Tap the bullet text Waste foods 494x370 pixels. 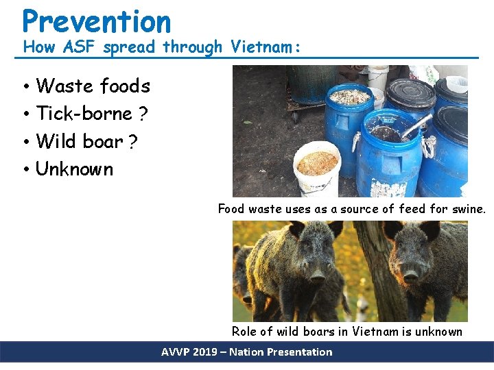[x=93, y=86]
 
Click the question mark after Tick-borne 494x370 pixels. [x=143, y=113]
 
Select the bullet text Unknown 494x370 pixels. [x=74, y=169]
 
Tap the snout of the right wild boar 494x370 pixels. [x=411, y=276]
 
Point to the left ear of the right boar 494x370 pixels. [x=393, y=230]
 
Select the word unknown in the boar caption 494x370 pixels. [x=439, y=332]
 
